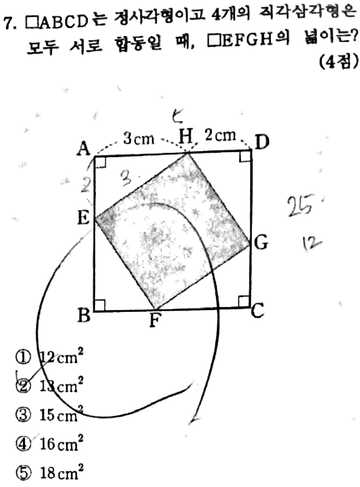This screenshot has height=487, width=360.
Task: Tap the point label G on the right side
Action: coord(261,243)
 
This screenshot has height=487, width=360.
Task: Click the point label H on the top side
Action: coord(185,136)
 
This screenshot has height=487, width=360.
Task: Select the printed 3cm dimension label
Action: coord(139,138)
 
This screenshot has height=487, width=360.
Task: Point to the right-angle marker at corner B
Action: coord(100,304)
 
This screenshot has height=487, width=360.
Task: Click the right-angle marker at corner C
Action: coord(244,301)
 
